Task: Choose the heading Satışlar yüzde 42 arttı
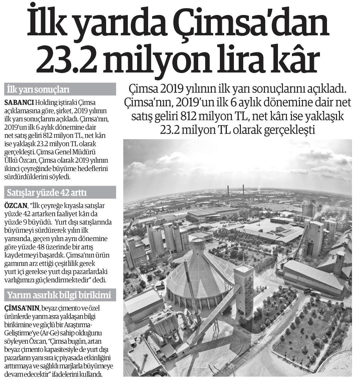click(47, 193)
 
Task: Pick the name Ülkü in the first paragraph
click(11, 160)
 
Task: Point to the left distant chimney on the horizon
click(228, 191)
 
